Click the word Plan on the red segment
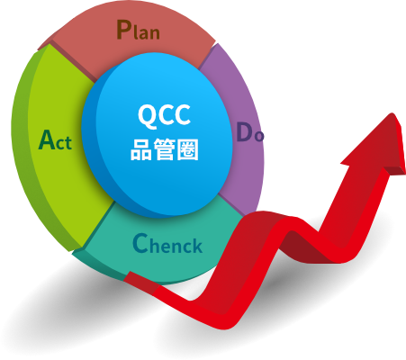(138, 30)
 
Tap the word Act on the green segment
(55, 139)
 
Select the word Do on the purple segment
(250, 132)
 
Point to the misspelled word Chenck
(167, 243)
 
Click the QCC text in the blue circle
(164, 115)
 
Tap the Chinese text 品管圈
(165, 149)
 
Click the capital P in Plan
(123, 30)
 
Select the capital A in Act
(47, 139)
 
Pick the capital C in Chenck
(140, 243)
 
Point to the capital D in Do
(244, 131)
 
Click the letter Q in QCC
(147, 115)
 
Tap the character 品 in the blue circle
(141, 149)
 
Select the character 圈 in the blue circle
(187, 149)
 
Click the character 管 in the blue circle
(164, 149)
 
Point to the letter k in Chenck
(196, 246)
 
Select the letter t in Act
(68, 143)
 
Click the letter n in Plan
(154, 33)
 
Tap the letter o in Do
(258, 136)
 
